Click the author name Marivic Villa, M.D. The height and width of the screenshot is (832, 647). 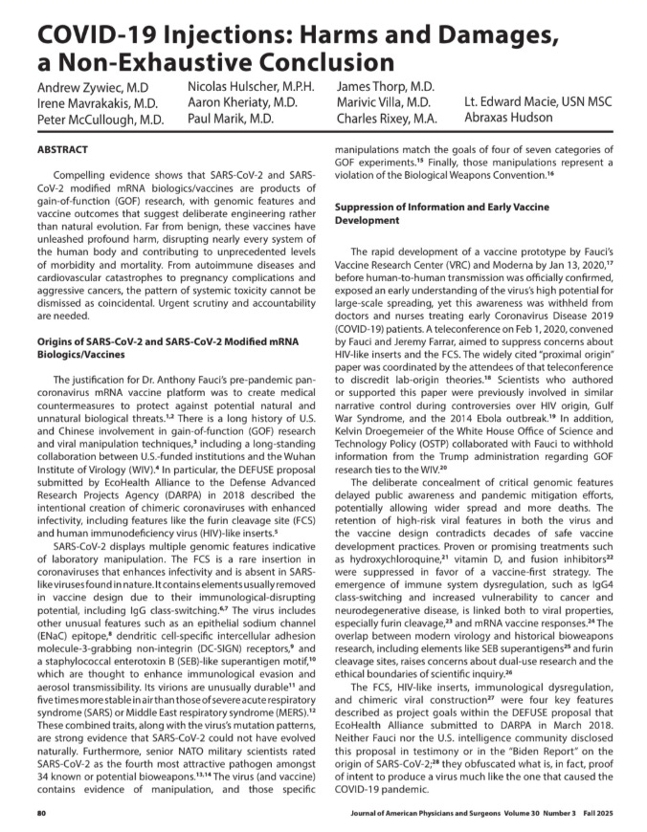pyautogui.click(x=384, y=102)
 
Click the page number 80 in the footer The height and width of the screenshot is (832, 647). pyautogui.click(x=42, y=813)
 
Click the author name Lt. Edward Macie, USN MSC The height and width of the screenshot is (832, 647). pyautogui.click(x=540, y=102)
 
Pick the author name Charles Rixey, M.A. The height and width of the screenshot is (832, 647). pyautogui.click(x=387, y=120)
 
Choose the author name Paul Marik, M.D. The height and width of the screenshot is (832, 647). pyautogui.click(x=231, y=120)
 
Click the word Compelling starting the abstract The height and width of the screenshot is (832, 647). pyautogui.click(x=89, y=176)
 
